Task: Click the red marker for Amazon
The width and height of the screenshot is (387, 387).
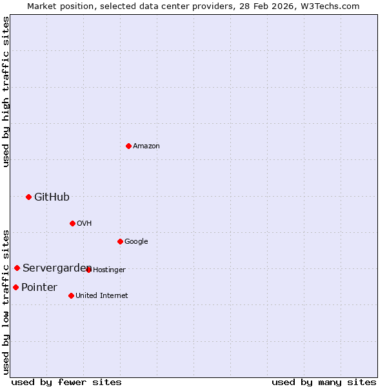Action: [128, 146]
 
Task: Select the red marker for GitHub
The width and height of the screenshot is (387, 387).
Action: [28, 197]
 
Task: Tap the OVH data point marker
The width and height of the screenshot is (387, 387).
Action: [72, 223]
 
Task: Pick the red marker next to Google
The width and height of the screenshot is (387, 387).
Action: [120, 241]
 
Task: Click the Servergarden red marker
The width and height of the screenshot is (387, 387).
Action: [17, 268]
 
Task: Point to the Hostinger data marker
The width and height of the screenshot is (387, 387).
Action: [88, 270]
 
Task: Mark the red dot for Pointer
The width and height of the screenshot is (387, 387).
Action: [15, 287]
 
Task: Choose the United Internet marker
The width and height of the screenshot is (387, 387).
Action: [71, 295]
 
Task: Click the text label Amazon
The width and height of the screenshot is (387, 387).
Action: [146, 146]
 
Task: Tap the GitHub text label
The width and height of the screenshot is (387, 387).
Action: [52, 197]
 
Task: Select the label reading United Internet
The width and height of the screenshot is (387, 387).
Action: [101, 295]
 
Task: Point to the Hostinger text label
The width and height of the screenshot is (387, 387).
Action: [109, 270]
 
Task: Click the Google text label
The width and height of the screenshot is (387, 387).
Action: [136, 241]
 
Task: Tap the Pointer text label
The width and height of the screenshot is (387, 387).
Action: [39, 287]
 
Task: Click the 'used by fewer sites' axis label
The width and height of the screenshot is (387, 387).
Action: [66, 382]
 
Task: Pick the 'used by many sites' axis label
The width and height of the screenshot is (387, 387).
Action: [324, 382]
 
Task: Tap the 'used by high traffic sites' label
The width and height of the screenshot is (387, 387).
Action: [6, 92]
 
